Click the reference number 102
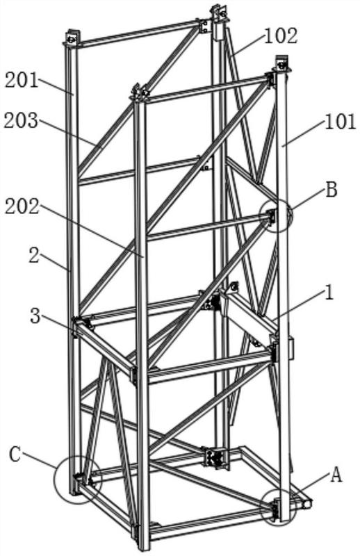[x=281, y=36]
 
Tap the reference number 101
[x=339, y=122]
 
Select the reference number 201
[x=22, y=81]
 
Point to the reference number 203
[x=21, y=121]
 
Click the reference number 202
[x=22, y=206]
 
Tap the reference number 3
[x=35, y=316]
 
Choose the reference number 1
[x=329, y=293]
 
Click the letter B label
[x=332, y=190]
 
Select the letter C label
[x=15, y=455]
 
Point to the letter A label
[x=336, y=475]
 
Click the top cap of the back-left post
[x=72, y=38]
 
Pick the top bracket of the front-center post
[x=140, y=92]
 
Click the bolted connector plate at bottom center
[x=215, y=458]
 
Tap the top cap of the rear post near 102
[x=218, y=13]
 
